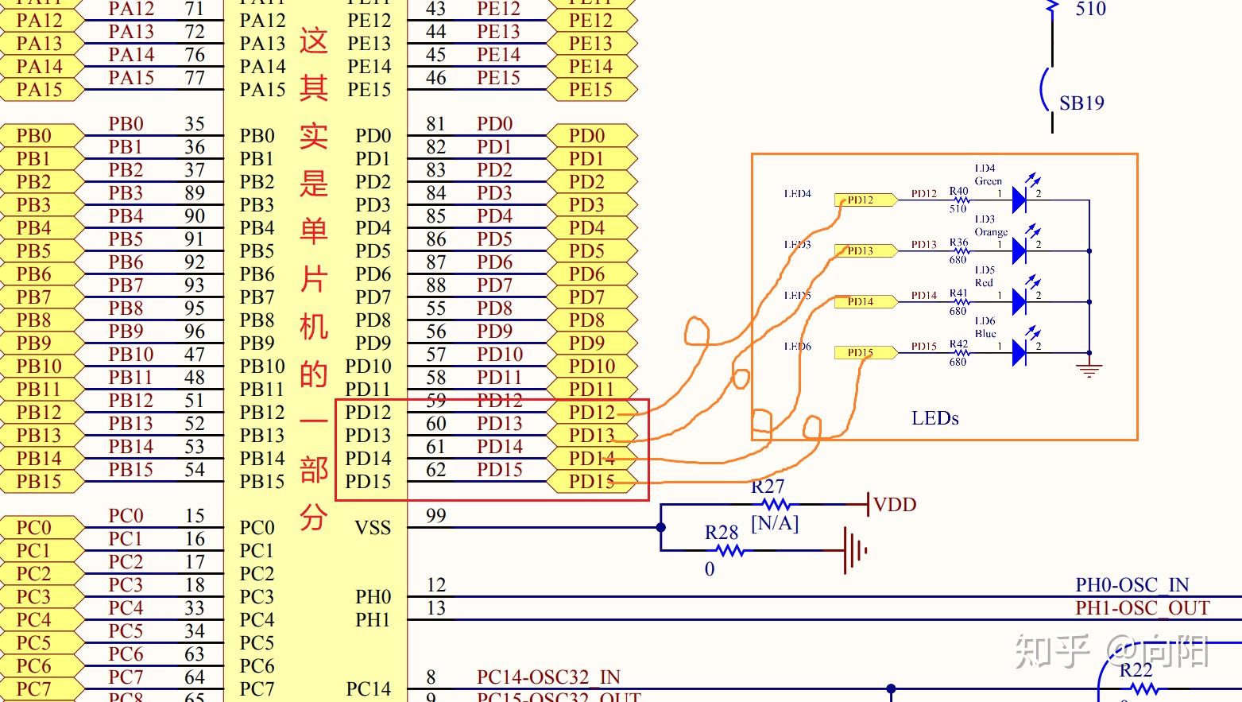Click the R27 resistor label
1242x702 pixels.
click(x=768, y=486)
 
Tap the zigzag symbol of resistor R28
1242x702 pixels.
click(x=728, y=550)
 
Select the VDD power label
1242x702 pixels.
click(x=895, y=505)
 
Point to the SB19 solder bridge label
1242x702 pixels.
click(x=1081, y=103)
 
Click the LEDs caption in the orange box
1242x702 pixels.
click(x=934, y=418)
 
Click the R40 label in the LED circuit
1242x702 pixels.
click(x=958, y=191)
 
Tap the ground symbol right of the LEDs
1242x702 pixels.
click(x=1089, y=368)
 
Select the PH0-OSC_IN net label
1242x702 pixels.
click(x=1132, y=585)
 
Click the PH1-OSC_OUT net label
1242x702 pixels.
click(x=1142, y=608)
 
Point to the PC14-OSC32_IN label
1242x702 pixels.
click(x=548, y=677)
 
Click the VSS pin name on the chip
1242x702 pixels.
click(x=373, y=528)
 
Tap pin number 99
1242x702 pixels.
click(x=435, y=516)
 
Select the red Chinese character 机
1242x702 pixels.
click(x=314, y=326)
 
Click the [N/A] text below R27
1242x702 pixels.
click(x=775, y=523)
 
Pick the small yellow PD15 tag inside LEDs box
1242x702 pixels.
click(x=860, y=352)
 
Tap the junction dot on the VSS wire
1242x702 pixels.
click(x=661, y=527)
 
